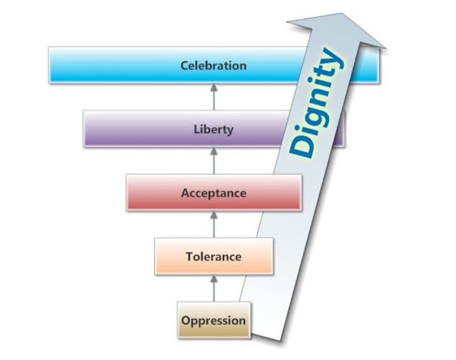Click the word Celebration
click(x=213, y=66)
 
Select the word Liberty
click(x=213, y=129)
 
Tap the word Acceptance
click(x=213, y=192)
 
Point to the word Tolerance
click(x=213, y=257)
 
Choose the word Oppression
click(x=213, y=320)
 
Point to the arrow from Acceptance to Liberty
click(x=213, y=161)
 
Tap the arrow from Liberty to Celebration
click(x=213, y=97)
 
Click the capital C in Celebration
click(x=184, y=66)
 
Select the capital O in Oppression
click(x=185, y=320)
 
